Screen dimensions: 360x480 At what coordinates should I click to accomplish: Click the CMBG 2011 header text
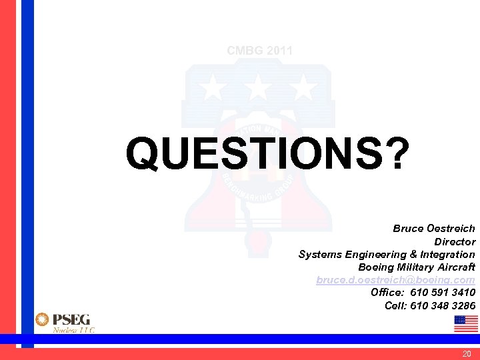coord(259,51)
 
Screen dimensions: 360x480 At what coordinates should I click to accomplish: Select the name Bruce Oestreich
coord(434,229)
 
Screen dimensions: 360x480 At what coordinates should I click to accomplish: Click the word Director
coord(455,241)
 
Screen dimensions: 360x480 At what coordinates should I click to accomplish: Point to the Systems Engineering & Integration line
coord(387,254)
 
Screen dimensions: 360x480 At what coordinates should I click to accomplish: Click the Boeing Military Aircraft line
coord(417,267)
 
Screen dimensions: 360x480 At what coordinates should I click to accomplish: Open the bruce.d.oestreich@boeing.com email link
coord(395,280)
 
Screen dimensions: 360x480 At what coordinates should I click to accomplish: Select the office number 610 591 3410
coord(443,293)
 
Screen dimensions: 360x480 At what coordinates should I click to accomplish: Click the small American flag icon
coord(465,323)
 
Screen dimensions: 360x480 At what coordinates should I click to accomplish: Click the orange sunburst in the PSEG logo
coord(42,320)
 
